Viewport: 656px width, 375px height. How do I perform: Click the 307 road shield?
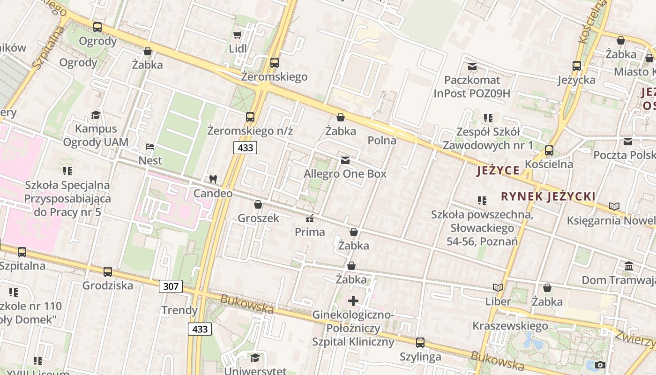(x=171, y=286)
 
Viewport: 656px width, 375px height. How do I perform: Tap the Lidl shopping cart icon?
(x=238, y=35)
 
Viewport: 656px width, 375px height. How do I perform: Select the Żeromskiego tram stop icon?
(x=275, y=62)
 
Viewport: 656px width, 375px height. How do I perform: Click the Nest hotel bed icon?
(x=150, y=147)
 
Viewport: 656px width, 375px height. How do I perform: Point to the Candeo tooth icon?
(x=213, y=179)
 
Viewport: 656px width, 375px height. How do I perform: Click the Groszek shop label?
(x=258, y=218)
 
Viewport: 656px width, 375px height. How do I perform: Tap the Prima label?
(x=310, y=232)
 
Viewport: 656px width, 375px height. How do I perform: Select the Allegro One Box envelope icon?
(x=345, y=160)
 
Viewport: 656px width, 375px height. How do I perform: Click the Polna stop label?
(x=382, y=140)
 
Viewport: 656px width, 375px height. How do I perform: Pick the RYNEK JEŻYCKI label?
(x=548, y=196)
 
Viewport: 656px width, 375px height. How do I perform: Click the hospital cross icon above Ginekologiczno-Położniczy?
(x=353, y=300)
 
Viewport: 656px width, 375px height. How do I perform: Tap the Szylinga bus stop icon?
(x=420, y=343)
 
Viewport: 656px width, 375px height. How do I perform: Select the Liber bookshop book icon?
(x=498, y=288)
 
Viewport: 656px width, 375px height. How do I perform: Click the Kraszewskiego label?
(x=510, y=326)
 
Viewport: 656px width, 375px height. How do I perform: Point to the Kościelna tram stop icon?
(x=549, y=150)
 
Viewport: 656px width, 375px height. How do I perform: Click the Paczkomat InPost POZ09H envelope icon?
(x=472, y=67)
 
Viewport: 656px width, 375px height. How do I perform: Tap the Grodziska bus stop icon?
(x=108, y=271)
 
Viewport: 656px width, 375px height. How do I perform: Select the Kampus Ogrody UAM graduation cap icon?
(x=96, y=115)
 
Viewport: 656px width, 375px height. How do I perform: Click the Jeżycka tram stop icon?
(x=577, y=66)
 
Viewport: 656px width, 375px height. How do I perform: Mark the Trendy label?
(x=179, y=310)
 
